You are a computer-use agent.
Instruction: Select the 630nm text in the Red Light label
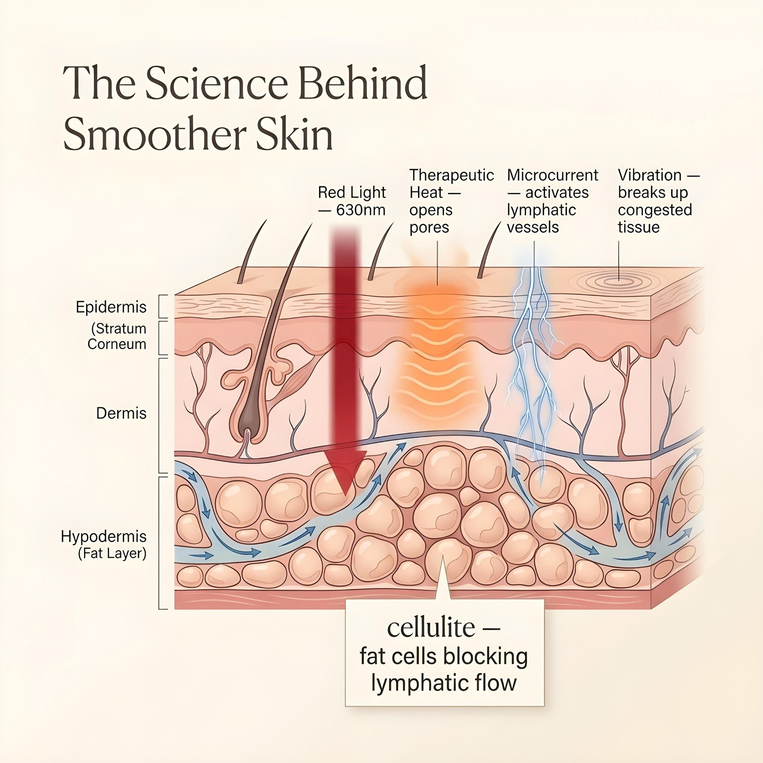[361, 210]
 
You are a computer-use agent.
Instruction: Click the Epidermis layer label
[111, 307]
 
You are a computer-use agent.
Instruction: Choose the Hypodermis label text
[103, 536]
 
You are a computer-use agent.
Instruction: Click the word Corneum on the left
[117, 344]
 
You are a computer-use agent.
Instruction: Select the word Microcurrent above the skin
[552, 175]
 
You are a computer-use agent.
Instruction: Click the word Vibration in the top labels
[650, 175]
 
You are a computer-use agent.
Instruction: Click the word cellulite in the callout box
[431, 628]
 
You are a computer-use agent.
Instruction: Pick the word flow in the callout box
[497, 683]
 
